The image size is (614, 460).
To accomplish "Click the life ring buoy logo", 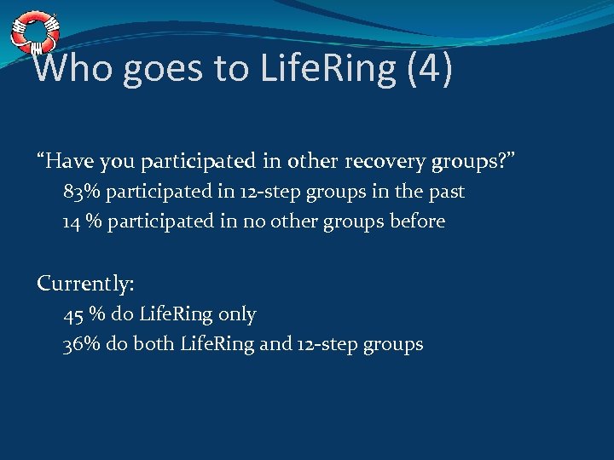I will coord(34,32).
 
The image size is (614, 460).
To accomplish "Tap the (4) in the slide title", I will coord(430,69).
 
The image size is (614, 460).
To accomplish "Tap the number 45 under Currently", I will coord(74,314).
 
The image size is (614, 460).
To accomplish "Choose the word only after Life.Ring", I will coord(237,314).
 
